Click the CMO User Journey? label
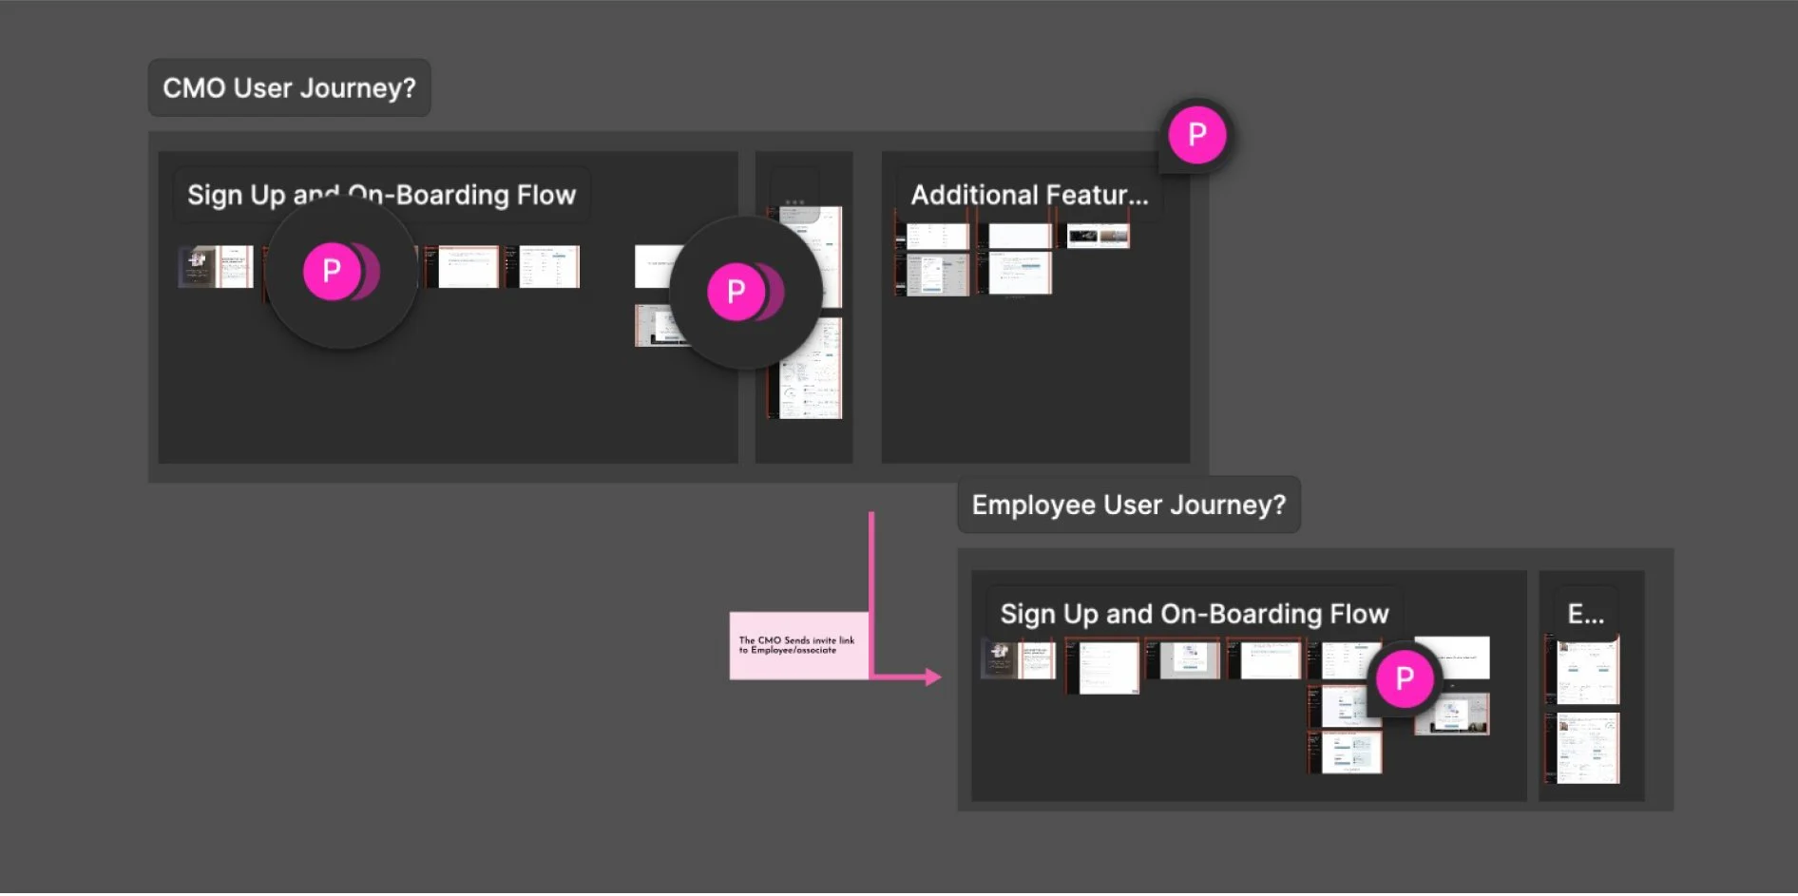click(289, 88)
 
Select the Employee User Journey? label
click(1128, 505)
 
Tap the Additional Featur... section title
click(1029, 195)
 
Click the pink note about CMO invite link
click(798, 645)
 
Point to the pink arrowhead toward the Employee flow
click(933, 677)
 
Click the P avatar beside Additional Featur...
click(1196, 135)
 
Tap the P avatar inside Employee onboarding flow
click(1404, 678)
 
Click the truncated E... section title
click(1585, 614)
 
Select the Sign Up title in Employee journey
click(1194, 614)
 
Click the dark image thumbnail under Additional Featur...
click(1098, 236)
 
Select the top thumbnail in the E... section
click(1586, 670)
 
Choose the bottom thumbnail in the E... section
click(1586, 749)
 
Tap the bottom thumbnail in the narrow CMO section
click(810, 371)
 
